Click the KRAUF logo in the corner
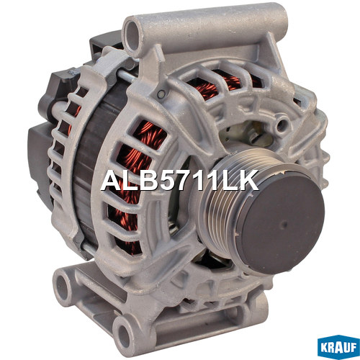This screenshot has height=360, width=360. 338,347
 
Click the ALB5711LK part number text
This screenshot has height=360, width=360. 180,181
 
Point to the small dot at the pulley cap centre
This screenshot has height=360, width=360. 284,225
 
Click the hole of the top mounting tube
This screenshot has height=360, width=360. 132,34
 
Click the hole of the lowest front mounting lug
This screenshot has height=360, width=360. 125,334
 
